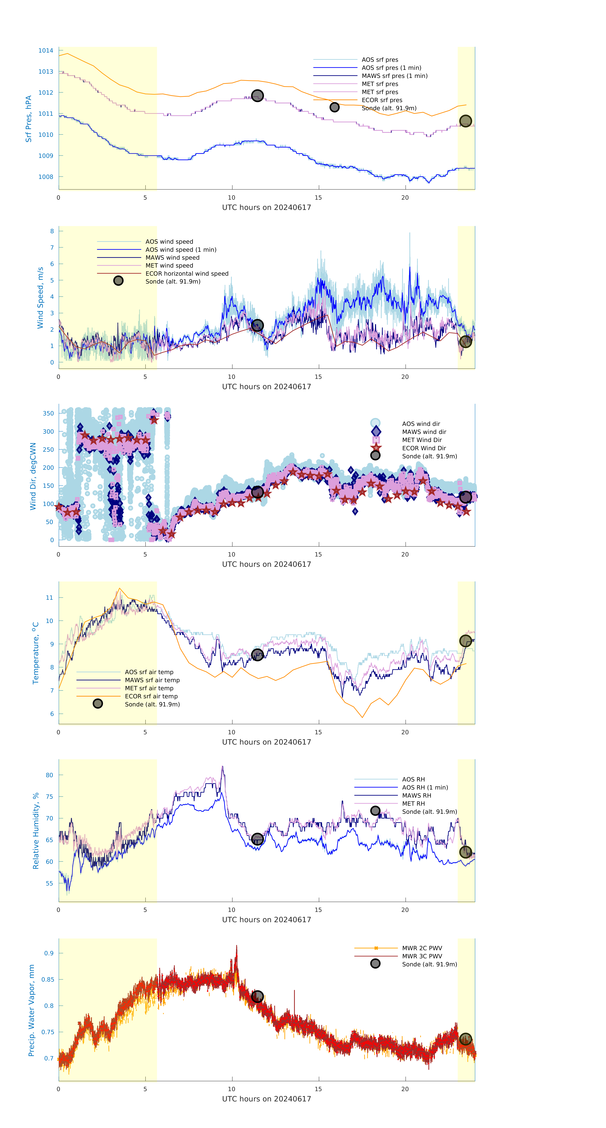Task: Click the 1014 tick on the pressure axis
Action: coord(46,51)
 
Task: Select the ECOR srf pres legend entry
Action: coord(382,100)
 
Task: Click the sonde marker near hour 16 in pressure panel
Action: coord(334,107)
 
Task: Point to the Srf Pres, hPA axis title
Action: coord(29,119)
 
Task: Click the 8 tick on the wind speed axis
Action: coord(52,231)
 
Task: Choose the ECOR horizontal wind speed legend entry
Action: coord(187,274)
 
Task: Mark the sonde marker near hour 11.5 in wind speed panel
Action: coord(257,325)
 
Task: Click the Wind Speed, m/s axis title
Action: coord(40,298)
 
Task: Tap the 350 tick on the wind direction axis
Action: coord(48,413)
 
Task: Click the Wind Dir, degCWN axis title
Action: coord(33,476)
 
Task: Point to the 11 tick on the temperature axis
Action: coord(49,598)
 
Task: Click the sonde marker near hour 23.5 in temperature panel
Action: coord(465,641)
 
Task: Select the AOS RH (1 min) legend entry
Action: coord(425,788)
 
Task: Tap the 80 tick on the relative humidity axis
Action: coord(49,775)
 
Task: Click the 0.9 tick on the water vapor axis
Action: coord(49,953)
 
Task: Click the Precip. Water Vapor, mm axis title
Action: coord(31,1010)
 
